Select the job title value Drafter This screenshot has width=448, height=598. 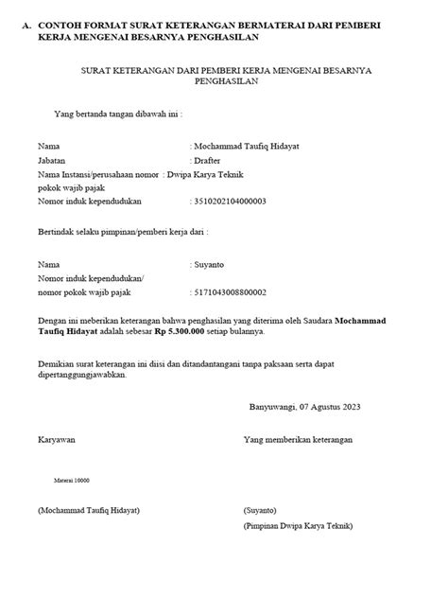point(207,161)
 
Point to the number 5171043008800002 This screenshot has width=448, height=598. point(229,292)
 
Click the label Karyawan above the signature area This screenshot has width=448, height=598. point(56,440)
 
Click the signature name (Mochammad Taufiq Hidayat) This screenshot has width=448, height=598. point(89,510)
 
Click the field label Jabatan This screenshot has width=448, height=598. point(52,161)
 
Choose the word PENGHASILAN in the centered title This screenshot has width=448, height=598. point(223,82)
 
